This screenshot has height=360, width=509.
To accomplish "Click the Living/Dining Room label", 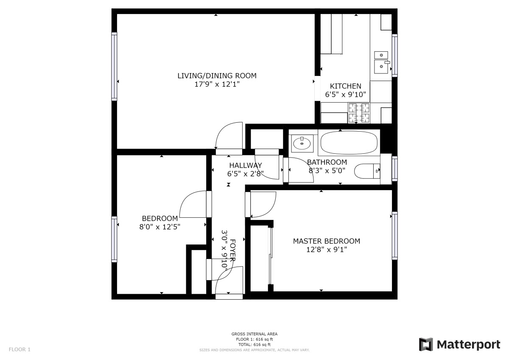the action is click(x=217, y=76).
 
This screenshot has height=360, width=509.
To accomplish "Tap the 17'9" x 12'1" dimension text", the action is click(x=217, y=84).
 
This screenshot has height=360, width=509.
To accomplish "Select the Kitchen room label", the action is click(x=345, y=86).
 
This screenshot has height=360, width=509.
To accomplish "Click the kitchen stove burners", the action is click(x=359, y=113).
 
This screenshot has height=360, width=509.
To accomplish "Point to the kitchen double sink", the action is click(x=381, y=62).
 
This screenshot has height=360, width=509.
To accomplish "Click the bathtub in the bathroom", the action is click(x=349, y=143).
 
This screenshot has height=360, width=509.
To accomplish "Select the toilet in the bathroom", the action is click(x=367, y=171).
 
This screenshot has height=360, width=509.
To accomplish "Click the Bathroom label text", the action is click(x=327, y=162).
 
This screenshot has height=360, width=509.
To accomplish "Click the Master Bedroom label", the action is click(x=327, y=241).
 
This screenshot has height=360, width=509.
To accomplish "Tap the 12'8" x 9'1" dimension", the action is click(x=327, y=250).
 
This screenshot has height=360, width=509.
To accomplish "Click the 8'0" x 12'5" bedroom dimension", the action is click(x=160, y=227).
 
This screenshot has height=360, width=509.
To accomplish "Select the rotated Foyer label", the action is click(x=233, y=250).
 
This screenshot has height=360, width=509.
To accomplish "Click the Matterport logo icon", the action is click(x=425, y=344).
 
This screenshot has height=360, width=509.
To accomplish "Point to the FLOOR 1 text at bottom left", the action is click(x=20, y=349).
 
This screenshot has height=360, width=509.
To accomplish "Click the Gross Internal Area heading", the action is click(x=254, y=334).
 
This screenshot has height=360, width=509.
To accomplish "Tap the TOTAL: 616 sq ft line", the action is click(x=254, y=345).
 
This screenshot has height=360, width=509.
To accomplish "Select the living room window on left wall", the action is click(x=114, y=66).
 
